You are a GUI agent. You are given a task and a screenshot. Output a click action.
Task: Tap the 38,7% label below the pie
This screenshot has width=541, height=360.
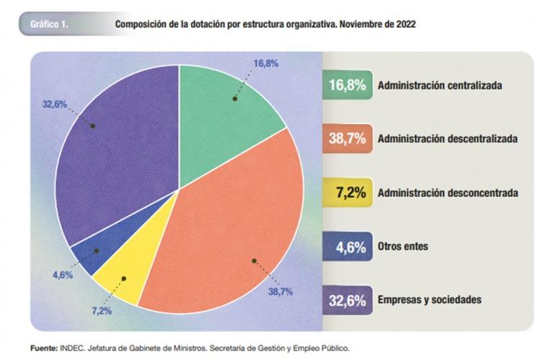point(281,292)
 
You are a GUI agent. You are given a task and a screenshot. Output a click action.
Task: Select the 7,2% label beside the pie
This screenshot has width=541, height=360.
point(100,311)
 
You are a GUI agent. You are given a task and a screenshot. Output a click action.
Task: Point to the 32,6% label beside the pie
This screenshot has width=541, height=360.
point(55,104)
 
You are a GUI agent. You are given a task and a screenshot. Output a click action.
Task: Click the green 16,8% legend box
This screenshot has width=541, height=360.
point(348,85)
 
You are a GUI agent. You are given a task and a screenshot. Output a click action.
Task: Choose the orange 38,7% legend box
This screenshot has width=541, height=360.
point(348,139)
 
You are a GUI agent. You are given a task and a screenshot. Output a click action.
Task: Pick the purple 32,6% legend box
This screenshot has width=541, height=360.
point(348,299)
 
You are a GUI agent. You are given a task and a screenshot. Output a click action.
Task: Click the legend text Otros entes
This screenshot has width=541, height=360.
point(403,246)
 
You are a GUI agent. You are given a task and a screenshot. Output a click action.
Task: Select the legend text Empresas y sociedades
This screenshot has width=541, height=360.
point(429,299)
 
